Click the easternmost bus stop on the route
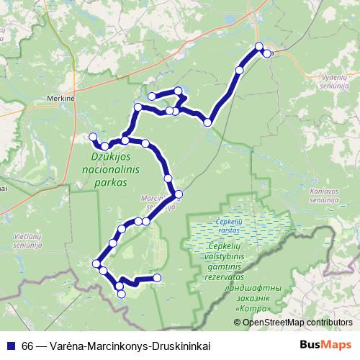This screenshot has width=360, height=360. [x=267, y=53]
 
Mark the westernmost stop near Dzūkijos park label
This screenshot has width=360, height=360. [x=91, y=137]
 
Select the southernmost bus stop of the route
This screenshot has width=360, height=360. [x=121, y=293]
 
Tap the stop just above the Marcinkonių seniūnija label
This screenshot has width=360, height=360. [x=178, y=194]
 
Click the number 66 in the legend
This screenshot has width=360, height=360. [x=27, y=344]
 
